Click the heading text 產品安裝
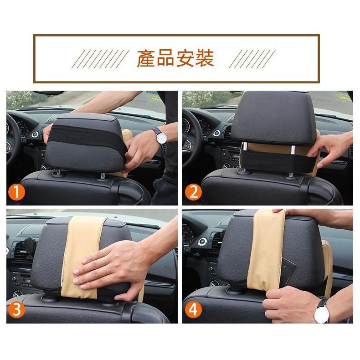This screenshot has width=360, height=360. (x=175, y=59)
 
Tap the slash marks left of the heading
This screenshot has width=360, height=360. (x=98, y=59)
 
